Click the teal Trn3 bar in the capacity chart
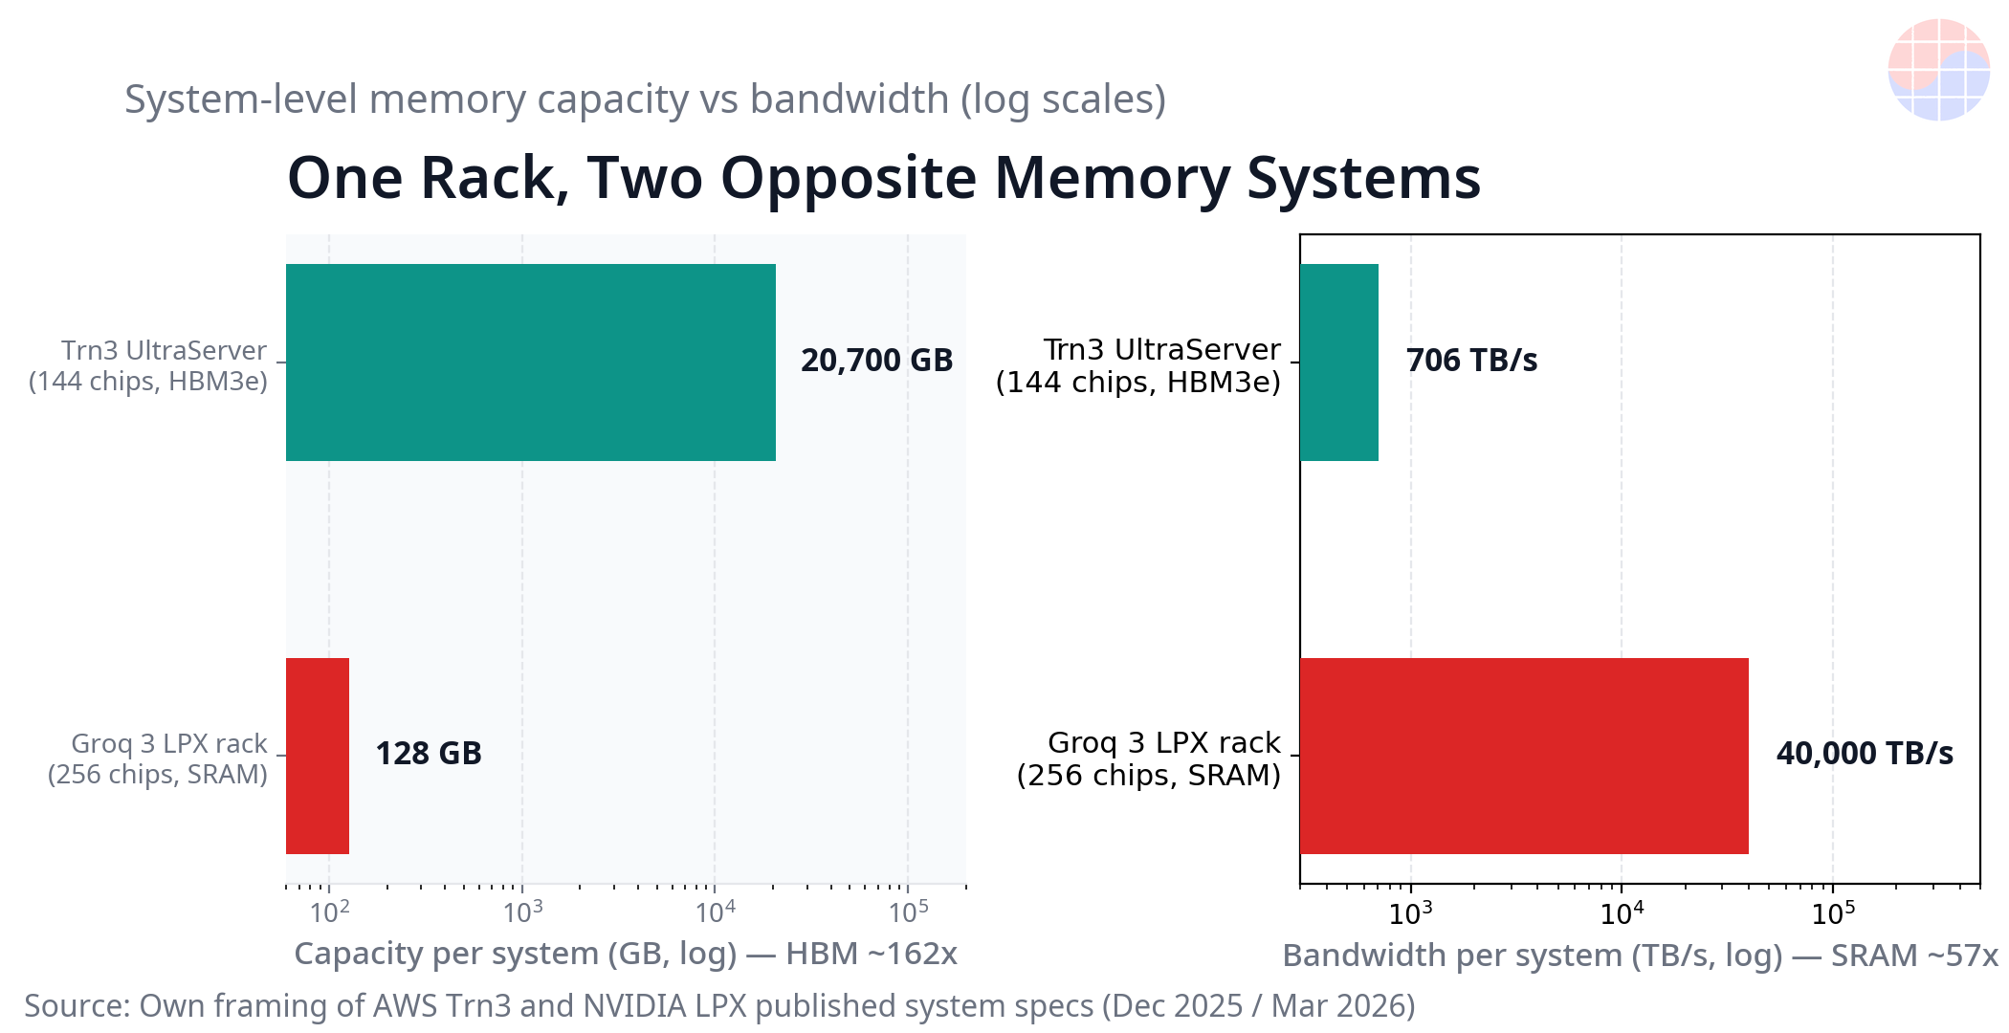[531, 363]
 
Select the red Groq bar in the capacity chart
[318, 756]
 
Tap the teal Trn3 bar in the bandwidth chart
[1339, 363]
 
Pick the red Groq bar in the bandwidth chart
[1524, 756]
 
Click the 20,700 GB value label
[877, 361]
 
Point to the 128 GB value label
[429, 754]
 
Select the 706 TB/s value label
[1471, 361]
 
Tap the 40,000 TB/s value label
[1865, 754]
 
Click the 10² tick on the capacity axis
[330, 912]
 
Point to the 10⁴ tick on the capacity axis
[716, 912]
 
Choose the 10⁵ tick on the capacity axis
[908, 912]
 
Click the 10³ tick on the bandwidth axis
[1410, 913]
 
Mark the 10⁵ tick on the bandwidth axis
[1833, 913]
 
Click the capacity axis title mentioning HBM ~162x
[626, 954]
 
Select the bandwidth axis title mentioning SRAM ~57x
[1640, 956]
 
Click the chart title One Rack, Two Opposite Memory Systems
[884, 178]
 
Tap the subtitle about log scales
[645, 99]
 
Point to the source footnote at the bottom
[719, 1006]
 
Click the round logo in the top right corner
[1939, 70]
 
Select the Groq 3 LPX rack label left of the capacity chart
[159, 758]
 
